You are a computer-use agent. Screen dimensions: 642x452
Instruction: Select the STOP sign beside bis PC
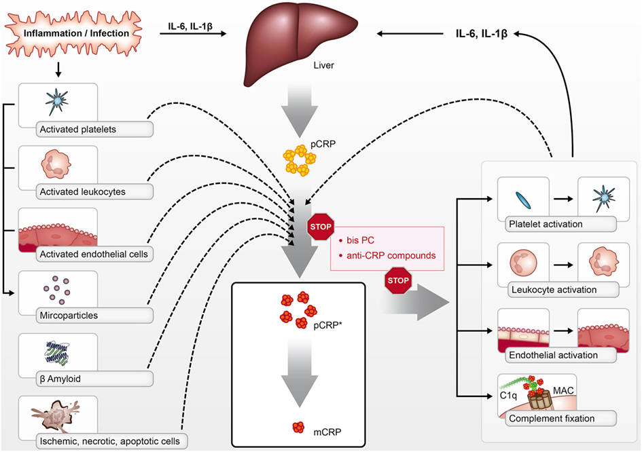tap(321, 227)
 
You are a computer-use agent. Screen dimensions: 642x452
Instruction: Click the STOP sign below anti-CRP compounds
tap(398, 280)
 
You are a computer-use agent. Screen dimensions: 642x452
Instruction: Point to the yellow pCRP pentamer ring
tap(300, 160)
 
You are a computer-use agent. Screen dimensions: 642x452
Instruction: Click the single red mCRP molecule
tap(298, 428)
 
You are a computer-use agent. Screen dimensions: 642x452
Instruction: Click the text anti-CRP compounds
tap(391, 256)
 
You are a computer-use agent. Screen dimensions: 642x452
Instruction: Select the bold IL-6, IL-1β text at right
tap(482, 33)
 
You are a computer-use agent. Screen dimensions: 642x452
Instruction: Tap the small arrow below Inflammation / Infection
tap(58, 69)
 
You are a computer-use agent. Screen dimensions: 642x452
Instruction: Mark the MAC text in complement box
tap(563, 391)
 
